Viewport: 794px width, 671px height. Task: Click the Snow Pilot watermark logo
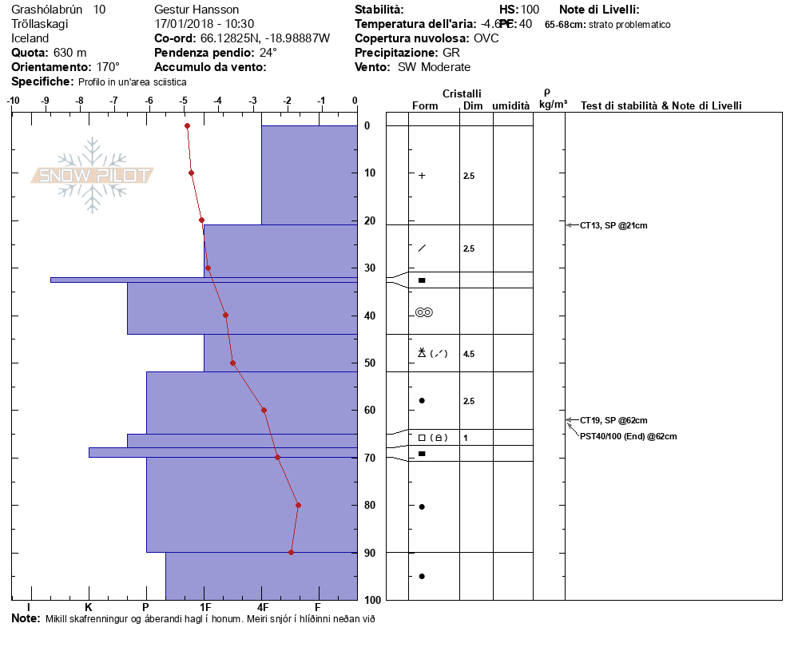93,175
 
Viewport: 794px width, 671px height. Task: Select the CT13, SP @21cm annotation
613,225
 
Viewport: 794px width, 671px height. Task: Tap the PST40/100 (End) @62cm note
629,436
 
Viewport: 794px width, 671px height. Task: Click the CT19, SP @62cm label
613,420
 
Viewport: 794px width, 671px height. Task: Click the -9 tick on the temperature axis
46,101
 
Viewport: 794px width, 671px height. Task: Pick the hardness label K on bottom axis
88,607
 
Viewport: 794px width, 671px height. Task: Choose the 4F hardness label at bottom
262,607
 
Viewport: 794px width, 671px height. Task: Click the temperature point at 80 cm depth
298,505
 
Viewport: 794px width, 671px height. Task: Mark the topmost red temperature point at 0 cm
187,125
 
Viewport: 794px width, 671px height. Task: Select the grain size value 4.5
469,354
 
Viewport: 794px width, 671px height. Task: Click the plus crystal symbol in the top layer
422,176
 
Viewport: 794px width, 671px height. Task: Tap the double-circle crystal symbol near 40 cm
424,312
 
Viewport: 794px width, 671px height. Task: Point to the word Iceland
30,38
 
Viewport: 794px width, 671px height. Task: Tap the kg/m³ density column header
553,105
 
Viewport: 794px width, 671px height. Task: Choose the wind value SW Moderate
434,67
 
